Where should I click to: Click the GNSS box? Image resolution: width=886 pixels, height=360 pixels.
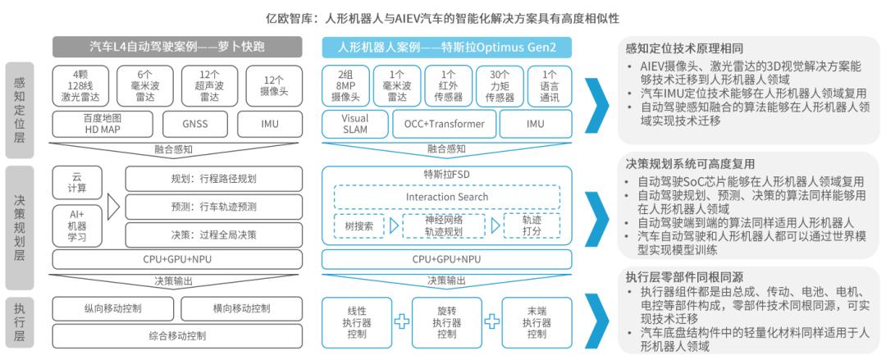(195, 124)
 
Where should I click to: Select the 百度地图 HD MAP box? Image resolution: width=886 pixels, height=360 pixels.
(103, 124)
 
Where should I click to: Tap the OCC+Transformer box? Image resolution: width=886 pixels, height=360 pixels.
(444, 124)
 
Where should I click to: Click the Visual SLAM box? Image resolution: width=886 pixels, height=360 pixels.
(355, 124)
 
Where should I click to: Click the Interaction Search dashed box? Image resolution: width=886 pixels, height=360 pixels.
(447, 197)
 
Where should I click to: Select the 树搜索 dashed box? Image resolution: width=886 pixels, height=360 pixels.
(359, 226)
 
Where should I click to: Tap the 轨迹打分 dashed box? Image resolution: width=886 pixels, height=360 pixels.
(531, 226)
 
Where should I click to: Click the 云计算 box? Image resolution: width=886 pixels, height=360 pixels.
(77, 183)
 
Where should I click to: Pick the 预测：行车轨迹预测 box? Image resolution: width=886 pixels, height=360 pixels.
(213, 207)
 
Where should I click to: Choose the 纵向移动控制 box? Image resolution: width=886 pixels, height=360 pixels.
(113, 308)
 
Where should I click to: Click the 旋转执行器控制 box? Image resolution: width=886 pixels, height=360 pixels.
(446, 322)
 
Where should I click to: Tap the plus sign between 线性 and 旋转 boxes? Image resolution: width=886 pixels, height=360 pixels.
(402, 321)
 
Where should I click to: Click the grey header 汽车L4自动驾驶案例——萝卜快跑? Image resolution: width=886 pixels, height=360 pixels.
(177, 48)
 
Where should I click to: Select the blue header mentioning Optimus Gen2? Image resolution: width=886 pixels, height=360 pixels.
(446, 48)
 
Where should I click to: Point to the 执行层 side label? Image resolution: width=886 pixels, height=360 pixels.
(19, 317)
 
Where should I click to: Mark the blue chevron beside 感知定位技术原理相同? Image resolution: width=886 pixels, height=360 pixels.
(596, 103)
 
